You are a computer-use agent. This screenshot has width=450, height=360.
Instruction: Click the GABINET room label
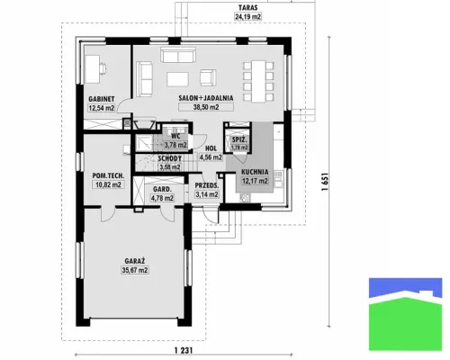102,99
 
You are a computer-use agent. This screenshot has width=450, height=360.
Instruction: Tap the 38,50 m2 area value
206,107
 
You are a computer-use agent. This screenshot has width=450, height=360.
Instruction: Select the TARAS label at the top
247,7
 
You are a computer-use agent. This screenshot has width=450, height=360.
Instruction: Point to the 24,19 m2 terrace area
247,16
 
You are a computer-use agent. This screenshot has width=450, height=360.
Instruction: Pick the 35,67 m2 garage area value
135,270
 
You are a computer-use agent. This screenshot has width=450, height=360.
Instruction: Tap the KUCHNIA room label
255,172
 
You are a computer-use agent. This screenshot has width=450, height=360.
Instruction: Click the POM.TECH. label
108,175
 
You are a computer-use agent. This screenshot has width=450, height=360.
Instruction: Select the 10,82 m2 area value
108,184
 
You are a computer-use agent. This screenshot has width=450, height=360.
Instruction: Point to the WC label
175,137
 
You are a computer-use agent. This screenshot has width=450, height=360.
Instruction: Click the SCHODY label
170,158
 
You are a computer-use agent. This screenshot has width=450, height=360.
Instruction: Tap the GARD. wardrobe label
162,189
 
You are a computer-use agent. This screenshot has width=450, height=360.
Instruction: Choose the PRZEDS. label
207,185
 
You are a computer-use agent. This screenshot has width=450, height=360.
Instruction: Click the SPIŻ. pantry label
239,139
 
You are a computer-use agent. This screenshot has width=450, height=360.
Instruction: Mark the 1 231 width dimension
184,350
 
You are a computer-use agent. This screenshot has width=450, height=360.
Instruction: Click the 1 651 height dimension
325,182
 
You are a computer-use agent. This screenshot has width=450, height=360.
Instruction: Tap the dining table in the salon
258,81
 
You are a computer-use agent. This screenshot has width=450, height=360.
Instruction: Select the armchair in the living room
208,77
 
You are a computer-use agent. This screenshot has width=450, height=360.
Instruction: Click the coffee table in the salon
178,79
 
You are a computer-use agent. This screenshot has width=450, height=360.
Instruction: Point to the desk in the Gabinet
93,69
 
